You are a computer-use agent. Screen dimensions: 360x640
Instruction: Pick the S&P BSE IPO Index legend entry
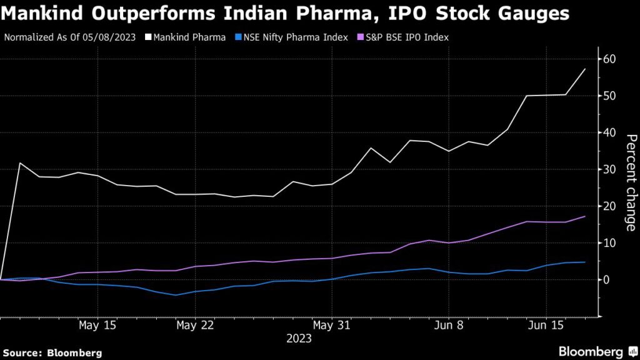[404, 37]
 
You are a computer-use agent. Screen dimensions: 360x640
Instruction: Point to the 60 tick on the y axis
[610, 59]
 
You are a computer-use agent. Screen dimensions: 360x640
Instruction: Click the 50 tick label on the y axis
[610, 96]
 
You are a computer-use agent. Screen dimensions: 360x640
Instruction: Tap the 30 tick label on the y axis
[610, 169]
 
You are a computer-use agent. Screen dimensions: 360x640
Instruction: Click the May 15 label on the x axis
[97, 326]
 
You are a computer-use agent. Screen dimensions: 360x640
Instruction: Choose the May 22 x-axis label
[196, 326]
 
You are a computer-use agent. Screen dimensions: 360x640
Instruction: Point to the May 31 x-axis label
[332, 326]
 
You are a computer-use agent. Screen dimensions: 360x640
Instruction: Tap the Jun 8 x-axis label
[448, 326]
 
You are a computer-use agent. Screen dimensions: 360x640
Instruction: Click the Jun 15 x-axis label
[546, 326]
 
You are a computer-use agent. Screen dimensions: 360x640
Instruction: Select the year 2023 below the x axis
[299, 339]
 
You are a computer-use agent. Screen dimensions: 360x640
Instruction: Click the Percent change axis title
[631, 182]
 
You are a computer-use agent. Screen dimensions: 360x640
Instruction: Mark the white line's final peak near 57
[585, 69]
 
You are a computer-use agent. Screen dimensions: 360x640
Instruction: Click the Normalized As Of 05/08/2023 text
[69, 37]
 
